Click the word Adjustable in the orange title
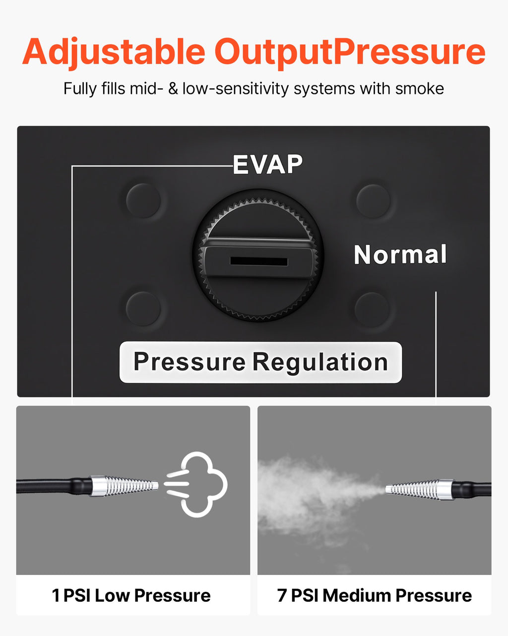pos(114,52)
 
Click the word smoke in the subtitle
pos(419,88)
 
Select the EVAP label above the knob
pos(268,164)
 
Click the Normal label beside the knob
pos(400,254)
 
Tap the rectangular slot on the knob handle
pos(259,261)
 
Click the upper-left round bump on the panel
pos(143,201)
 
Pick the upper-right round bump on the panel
pos(373,201)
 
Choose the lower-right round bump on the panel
pos(372,310)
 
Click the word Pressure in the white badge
pos(189,361)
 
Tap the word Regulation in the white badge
pos(320,362)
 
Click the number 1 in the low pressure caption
pos(56,596)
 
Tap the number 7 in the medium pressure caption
pos(282,596)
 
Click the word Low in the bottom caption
pos(113,596)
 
